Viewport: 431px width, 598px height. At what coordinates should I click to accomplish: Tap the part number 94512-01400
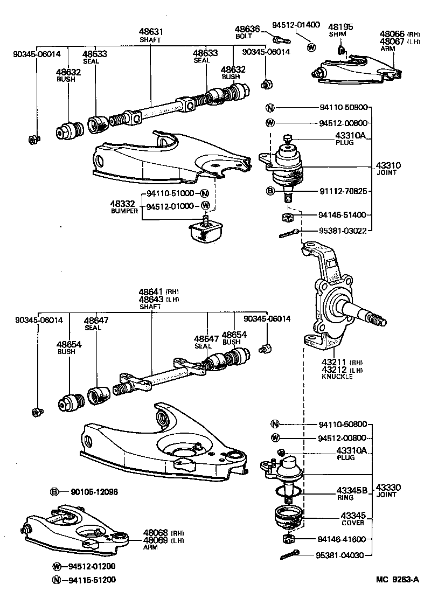[296, 25]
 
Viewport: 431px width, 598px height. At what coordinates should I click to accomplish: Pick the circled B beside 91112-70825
[270, 191]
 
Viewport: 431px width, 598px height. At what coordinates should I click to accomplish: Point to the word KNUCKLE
[337, 377]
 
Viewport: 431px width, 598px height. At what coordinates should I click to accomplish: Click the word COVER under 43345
[352, 523]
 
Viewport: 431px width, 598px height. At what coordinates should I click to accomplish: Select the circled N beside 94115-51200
[57, 580]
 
